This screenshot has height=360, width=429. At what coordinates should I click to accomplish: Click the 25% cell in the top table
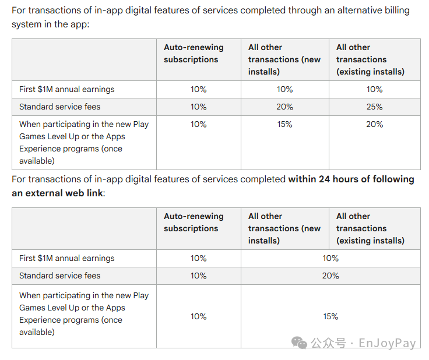point(374,107)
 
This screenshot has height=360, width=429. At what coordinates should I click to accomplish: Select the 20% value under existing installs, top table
point(374,124)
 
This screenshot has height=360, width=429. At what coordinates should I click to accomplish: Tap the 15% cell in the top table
point(284,124)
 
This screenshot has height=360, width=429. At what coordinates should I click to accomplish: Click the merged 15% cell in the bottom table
point(330,316)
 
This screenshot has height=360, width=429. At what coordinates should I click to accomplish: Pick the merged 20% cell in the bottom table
point(330,276)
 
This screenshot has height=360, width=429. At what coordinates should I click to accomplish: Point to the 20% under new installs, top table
point(284,107)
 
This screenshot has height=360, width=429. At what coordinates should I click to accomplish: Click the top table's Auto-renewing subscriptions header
point(194,54)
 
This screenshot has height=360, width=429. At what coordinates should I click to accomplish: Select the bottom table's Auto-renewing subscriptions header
point(194,222)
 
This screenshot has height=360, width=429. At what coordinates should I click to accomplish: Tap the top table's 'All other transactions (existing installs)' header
point(370,59)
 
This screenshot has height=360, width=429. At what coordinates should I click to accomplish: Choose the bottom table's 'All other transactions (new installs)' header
point(284,228)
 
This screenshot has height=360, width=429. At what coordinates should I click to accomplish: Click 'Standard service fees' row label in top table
point(59,107)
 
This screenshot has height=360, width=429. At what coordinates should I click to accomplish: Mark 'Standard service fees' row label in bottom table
point(59,276)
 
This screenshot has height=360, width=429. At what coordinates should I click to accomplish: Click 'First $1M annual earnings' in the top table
point(67,89)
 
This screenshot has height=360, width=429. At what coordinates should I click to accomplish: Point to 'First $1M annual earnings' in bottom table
point(67,258)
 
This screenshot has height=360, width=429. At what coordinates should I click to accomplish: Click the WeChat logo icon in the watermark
point(299,343)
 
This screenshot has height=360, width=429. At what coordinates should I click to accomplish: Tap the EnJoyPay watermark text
point(387,343)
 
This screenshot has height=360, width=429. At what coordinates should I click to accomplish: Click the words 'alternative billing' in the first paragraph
point(374,10)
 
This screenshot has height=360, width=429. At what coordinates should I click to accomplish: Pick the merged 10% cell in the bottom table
point(330,258)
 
